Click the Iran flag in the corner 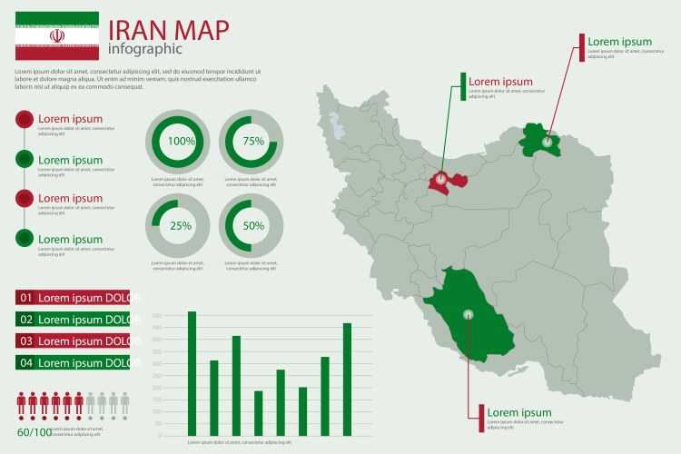pos(56,35)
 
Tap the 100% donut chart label pos(181,141)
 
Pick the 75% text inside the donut pos(253,141)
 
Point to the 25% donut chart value pos(181,226)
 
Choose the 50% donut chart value pos(253,226)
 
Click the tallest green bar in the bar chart pos(192,373)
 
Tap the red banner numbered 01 pos(77,298)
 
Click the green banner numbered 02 pos(77,320)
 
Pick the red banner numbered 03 pos(77,341)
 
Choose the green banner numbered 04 pos(77,363)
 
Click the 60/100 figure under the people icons pos(35,431)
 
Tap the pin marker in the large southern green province pos(469,315)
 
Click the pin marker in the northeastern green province pos(547,142)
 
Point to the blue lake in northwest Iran pos(340,126)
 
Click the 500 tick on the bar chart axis pos(156,316)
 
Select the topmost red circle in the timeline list pos(25,119)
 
